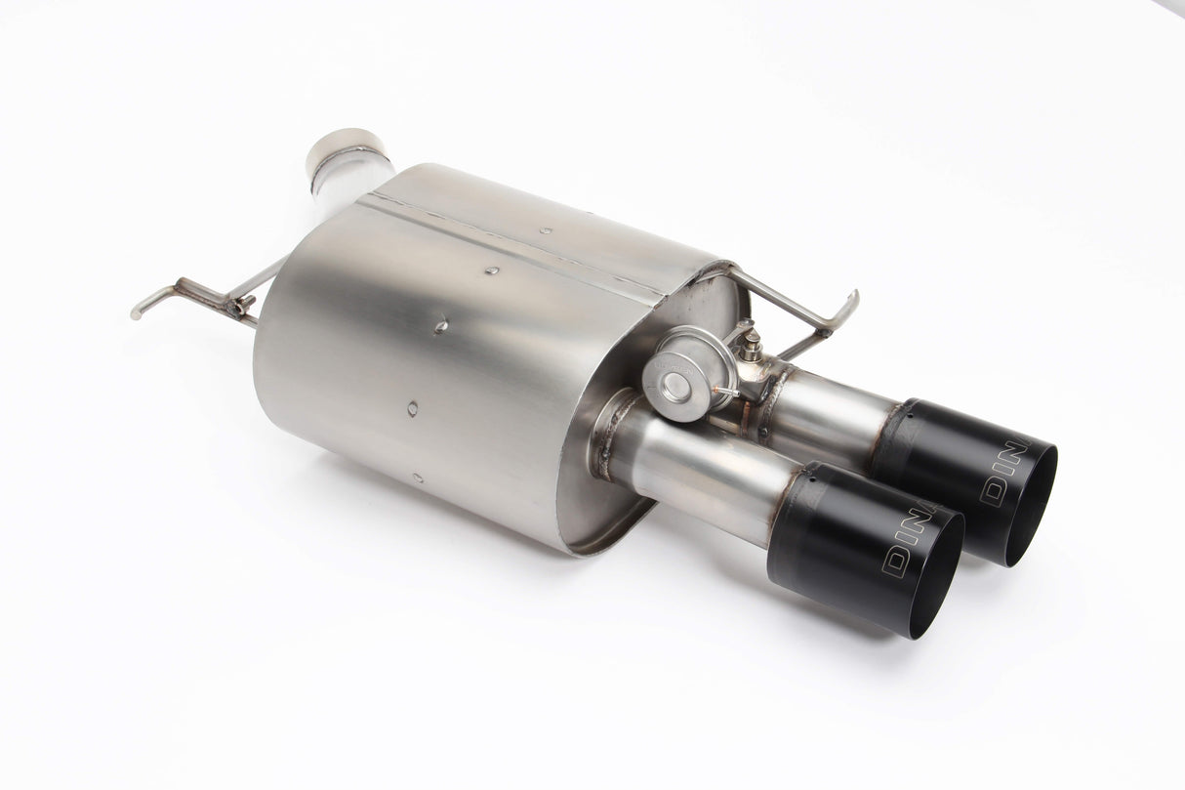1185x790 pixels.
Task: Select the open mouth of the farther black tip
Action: click(x=1031, y=508)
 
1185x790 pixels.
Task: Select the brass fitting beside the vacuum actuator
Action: click(x=752, y=344)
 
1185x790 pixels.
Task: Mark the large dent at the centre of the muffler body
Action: click(x=441, y=326)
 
